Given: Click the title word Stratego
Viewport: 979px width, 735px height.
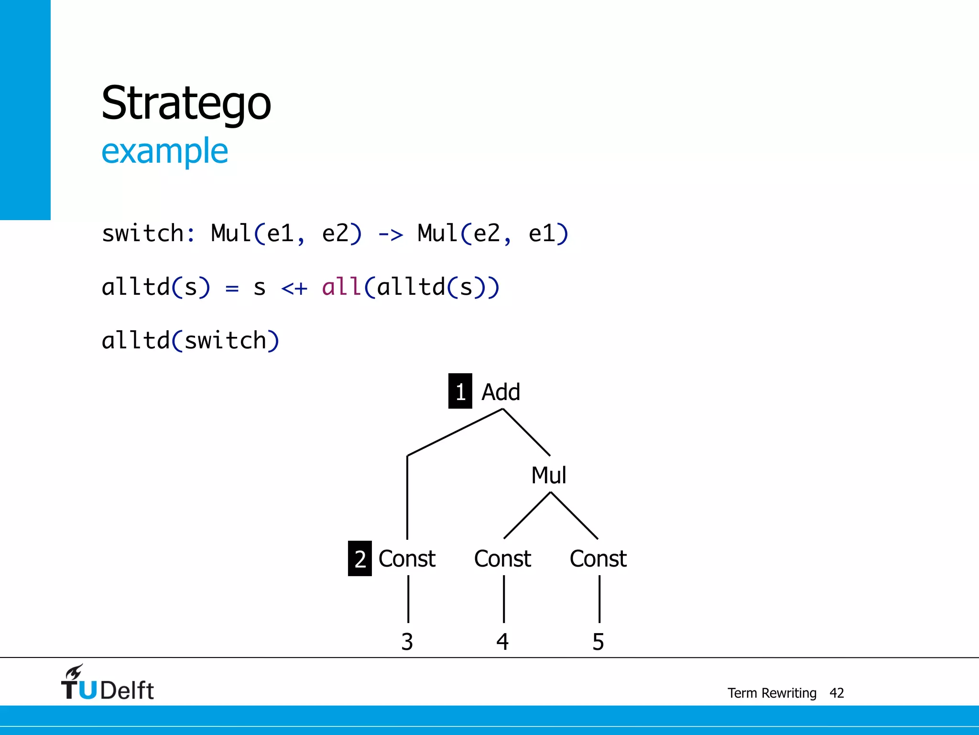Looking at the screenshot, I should pyautogui.click(x=186, y=103).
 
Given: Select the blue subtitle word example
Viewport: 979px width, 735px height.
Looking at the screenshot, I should pyautogui.click(x=164, y=151).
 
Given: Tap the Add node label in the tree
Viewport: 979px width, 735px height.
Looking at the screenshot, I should pyautogui.click(x=500, y=392).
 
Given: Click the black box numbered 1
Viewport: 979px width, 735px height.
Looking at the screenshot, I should pyautogui.click(x=460, y=391).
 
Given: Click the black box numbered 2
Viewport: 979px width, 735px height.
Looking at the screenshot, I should pyautogui.click(x=359, y=558).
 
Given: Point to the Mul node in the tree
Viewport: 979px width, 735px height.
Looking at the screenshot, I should pyautogui.click(x=549, y=475).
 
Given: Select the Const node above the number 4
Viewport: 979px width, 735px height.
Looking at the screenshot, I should pyautogui.click(x=502, y=558).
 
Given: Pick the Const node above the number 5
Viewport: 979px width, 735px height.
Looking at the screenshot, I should pyautogui.click(x=598, y=558).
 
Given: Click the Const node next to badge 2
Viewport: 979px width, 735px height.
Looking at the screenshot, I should pyautogui.click(x=407, y=558).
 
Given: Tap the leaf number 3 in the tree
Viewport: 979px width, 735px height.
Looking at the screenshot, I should pyautogui.click(x=407, y=642).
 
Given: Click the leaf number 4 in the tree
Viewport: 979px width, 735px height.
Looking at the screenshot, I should pyautogui.click(x=502, y=642).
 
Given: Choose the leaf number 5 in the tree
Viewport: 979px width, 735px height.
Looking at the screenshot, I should pyautogui.click(x=598, y=642).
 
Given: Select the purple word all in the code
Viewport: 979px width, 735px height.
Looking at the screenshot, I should pyautogui.click(x=341, y=287).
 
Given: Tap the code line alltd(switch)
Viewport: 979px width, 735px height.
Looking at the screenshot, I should pyautogui.click(x=190, y=341).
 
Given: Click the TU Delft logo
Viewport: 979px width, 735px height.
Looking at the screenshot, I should pyautogui.click(x=108, y=684).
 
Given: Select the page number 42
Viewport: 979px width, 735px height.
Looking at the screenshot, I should pyautogui.click(x=837, y=693).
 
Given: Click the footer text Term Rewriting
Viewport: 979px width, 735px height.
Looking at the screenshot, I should pyautogui.click(x=772, y=693).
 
